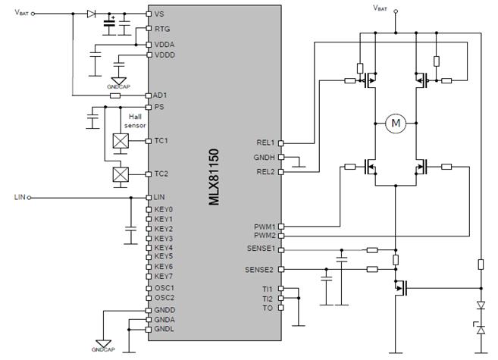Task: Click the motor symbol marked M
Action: click(396, 123)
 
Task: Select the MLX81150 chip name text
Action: click(214, 177)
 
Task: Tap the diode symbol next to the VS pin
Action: click(91, 14)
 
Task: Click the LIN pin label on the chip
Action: click(159, 197)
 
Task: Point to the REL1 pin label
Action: click(265, 142)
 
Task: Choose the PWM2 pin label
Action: click(265, 236)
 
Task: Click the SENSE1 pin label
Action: click(261, 249)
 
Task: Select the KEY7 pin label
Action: click(164, 276)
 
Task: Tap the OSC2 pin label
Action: click(164, 298)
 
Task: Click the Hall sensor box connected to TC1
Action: click(121, 141)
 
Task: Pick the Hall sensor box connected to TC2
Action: click(121, 174)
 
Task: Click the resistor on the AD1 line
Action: click(115, 95)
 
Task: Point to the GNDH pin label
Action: click(264, 157)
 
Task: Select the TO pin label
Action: click(268, 308)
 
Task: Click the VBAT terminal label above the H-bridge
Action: click(381, 8)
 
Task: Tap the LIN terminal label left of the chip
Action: click(20, 197)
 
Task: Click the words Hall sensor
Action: click(135, 121)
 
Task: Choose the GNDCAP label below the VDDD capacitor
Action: click(118, 86)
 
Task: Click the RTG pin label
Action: click(162, 29)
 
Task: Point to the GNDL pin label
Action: click(164, 329)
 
